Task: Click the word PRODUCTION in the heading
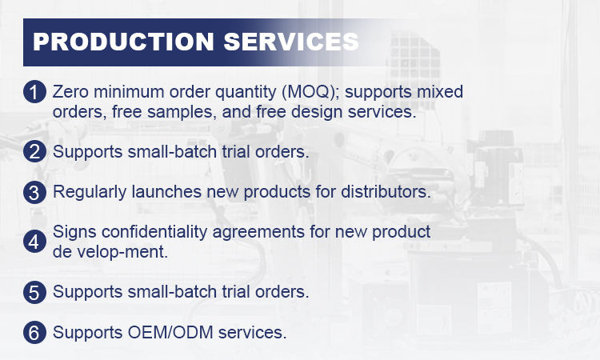pyautogui.click(x=123, y=42)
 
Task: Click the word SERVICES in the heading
pyautogui.click(x=291, y=42)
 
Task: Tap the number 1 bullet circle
pyautogui.click(x=34, y=92)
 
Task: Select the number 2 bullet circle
pyautogui.click(x=34, y=151)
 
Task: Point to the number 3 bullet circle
pyautogui.click(x=34, y=192)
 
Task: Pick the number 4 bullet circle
pyautogui.click(x=34, y=242)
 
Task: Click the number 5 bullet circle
pyautogui.click(x=34, y=292)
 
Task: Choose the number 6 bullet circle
pyautogui.click(x=34, y=332)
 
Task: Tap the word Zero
pyautogui.click(x=70, y=92)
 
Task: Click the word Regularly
pyautogui.click(x=90, y=192)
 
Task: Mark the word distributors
pyautogui.click(x=386, y=192)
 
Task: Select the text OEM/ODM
pyautogui.click(x=170, y=332)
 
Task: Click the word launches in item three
pyautogui.click(x=166, y=192)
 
